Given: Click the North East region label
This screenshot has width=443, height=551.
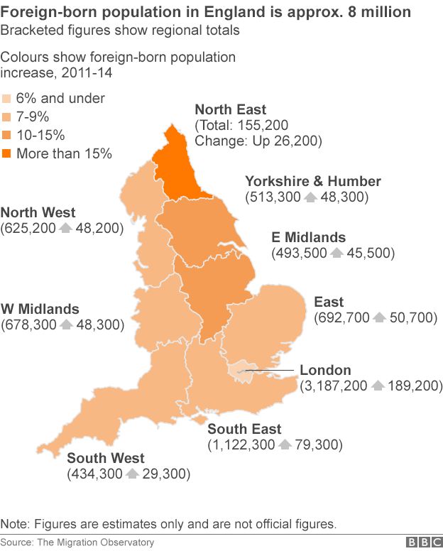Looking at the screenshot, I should click(230, 109).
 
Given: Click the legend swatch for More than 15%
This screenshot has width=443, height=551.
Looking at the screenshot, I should click(7, 153).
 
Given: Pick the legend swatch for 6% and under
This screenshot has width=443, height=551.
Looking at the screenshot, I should click(7, 98).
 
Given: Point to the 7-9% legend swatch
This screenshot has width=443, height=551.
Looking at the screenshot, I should click(7, 116).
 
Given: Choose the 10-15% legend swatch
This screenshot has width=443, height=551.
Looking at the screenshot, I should click(7, 135).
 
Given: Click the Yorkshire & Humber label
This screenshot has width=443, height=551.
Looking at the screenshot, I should click(312, 181).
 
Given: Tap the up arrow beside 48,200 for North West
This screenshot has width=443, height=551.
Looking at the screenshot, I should click(65, 228).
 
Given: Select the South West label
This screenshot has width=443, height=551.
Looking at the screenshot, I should click(106, 458).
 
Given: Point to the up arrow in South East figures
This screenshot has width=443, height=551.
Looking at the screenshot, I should click(285, 445).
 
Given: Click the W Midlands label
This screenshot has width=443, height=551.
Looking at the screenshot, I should click(40, 309).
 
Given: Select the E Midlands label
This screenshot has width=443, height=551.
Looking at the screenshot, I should click(309, 237).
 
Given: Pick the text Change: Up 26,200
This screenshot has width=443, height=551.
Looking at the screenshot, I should click(258, 141).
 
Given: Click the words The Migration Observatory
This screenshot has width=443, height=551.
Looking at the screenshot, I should click(94, 542).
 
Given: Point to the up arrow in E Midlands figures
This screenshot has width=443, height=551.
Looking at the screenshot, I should click(337, 253).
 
